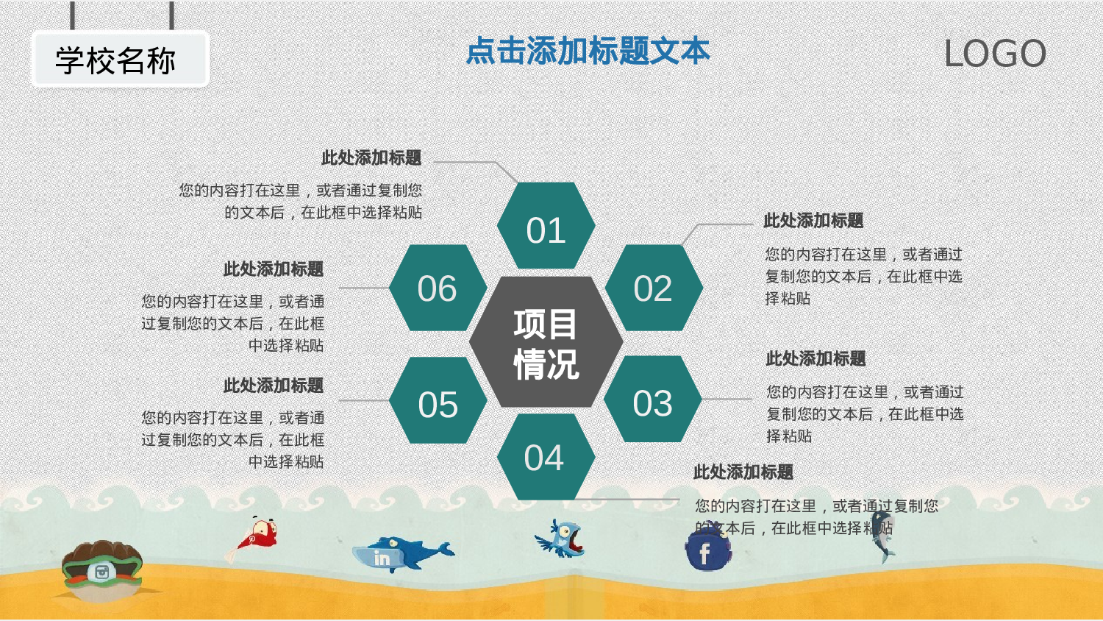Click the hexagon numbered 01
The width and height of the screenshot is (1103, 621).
(x=546, y=226)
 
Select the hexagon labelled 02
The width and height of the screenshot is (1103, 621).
(x=653, y=288)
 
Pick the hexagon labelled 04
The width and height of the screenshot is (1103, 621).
(x=545, y=457)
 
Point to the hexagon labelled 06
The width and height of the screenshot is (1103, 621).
(x=438, y=288)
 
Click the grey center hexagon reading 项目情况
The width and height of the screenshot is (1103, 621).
(x=546, y=343)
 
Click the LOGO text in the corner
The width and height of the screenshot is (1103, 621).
(x=994, y=54)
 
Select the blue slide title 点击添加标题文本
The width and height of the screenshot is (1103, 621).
(x=588, y=52)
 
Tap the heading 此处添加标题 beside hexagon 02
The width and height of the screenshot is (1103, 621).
(x=813, y=221)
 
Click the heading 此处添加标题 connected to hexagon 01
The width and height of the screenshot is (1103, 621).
(x=371, y=158)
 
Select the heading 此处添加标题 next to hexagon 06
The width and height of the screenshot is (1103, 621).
(x=274, y=269)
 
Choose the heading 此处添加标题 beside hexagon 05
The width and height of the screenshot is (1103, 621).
(x=274, y=386)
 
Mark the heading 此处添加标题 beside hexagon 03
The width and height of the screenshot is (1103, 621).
(x=815, y=359)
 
